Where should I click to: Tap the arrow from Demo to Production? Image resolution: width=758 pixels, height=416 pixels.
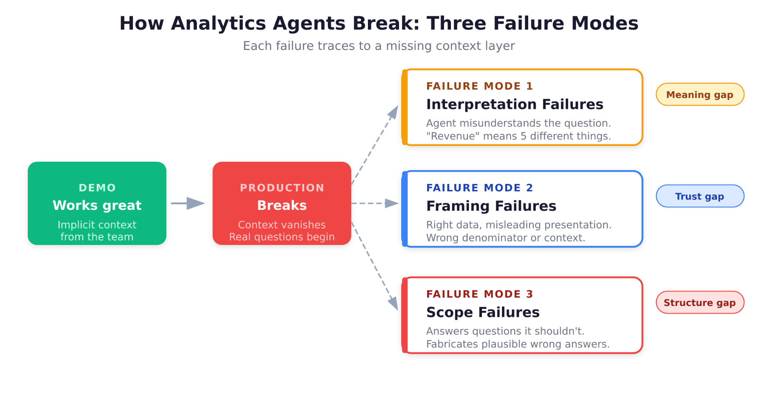pos(188,203)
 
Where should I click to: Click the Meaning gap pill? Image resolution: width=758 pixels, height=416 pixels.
pos(700,95)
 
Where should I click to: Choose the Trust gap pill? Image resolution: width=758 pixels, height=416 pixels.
pos(700,196)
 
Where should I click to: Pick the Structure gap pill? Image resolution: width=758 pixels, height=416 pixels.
pos(700,303)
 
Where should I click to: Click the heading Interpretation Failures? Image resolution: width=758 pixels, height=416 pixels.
pos(514,104)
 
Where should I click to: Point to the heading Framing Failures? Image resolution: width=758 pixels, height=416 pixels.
pos(491,206)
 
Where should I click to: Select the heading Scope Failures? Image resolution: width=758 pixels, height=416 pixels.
pos(483,312)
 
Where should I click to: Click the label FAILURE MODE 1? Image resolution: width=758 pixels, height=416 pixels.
pos(480,86)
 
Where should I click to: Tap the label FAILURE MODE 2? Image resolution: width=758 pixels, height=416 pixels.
pos(480,188)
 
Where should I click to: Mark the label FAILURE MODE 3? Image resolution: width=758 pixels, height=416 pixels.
pos(480,294)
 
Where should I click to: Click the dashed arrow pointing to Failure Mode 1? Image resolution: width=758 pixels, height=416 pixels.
pos(375,145)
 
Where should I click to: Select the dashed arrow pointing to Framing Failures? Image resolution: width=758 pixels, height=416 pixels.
pos(375,203)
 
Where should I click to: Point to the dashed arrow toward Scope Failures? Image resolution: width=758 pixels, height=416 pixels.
pos(375,266)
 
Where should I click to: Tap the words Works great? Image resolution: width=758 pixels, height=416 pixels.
pos(97,205)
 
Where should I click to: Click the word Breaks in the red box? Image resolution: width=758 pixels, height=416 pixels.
pos(282,205)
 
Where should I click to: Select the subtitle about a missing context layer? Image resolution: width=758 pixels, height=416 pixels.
pos(379,46)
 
